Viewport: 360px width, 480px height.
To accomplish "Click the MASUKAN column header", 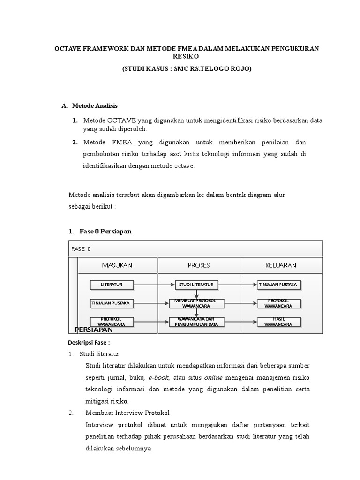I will [117, 265].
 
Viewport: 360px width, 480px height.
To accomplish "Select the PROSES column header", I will [199, 265].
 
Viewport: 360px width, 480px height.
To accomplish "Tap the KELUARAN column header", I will [281, 265].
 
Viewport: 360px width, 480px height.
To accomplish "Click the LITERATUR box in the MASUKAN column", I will [112, 285].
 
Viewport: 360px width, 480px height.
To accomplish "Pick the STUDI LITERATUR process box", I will [196, 285].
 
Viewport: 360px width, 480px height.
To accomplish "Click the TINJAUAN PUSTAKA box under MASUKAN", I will [112, 303].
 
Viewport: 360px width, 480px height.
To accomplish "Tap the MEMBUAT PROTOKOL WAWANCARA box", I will [196, 303].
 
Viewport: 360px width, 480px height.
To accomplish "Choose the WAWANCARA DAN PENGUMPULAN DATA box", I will [196, 322].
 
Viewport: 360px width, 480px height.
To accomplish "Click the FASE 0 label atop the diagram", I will [81, 248].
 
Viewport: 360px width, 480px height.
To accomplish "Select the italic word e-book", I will [159, 377].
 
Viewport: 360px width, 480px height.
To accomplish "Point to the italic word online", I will [213, 377].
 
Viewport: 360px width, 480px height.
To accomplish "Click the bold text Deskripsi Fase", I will [89, 343].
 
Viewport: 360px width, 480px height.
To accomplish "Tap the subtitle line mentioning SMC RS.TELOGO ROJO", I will [186, 68].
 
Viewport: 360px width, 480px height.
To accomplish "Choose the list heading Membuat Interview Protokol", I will [127, 413].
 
